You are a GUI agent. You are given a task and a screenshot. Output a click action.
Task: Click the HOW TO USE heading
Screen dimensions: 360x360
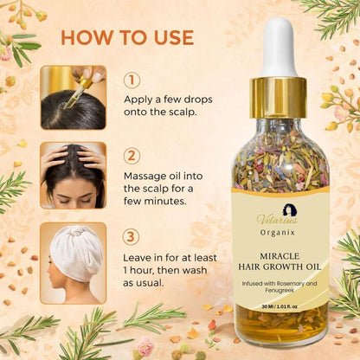pos(126,37)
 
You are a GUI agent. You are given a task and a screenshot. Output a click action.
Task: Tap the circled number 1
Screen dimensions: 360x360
pos(132,80)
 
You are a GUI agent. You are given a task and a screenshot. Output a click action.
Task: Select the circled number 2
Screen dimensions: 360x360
pos(132,156)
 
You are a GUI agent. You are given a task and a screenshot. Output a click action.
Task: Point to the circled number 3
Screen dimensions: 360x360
pos(132,235)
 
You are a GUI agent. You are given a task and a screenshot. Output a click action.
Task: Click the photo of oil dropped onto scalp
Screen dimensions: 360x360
pos(73,97)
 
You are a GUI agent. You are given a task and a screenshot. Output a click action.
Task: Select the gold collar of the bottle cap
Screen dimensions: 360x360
pos(280,97)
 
